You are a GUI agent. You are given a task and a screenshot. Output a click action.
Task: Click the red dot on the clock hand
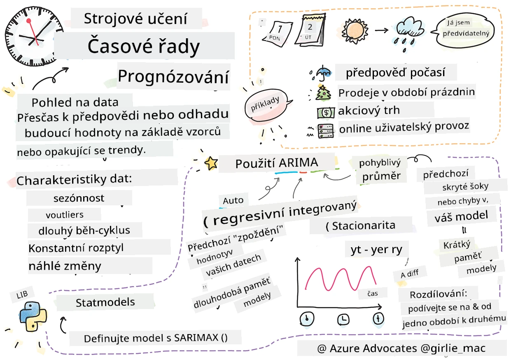(x=29, y=21)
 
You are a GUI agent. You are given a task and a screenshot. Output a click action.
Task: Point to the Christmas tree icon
(x=322, y=93)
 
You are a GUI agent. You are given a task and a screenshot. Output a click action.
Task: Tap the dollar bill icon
(x=326, y=113)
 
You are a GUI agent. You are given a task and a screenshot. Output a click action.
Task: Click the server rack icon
(x=326, y=131)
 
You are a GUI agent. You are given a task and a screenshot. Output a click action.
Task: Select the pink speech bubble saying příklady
(x=267, y=105)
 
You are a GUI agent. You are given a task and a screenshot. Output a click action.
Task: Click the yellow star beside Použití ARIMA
(x=211, y=163)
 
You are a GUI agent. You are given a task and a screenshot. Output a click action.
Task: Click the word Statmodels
(x=105, y=302)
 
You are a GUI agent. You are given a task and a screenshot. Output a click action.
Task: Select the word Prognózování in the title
(x=173, y=77)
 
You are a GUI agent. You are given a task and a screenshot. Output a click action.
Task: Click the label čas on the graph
(x=373, y=293)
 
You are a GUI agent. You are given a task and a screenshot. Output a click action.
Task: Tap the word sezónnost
(x=79, y=198)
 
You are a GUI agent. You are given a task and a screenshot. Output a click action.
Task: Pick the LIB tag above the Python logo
(x=22, y=295)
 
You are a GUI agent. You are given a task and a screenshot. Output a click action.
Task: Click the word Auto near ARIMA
(x=233, y=201)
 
